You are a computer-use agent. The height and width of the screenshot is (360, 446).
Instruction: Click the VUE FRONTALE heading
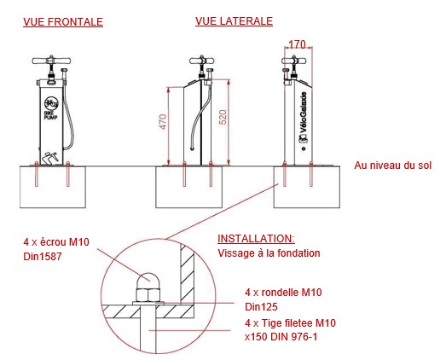tap(63, 22)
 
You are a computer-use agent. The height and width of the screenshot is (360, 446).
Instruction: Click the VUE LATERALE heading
tap(234, 21)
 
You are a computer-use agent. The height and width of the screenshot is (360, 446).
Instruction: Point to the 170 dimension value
tap(297, 44)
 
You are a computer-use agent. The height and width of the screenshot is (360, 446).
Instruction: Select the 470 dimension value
tap(163, 121)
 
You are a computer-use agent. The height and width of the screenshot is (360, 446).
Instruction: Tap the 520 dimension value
tap(223, 117)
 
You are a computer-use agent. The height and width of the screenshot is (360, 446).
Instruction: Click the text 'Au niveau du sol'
tap(393, 165)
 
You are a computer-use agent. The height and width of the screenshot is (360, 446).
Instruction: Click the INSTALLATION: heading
tap(256, 239)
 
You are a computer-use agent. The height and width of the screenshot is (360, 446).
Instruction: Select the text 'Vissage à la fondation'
tap(269, 253)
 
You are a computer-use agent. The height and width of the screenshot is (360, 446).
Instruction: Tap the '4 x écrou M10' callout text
tap(56, 242)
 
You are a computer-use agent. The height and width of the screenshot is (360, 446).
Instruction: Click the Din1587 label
tap(43, 257)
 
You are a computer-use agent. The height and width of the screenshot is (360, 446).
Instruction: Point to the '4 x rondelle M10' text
tap(283, 293)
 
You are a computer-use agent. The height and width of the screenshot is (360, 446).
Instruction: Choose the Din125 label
tap(261, 307)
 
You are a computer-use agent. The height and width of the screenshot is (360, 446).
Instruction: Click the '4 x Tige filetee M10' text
tap(290, 323)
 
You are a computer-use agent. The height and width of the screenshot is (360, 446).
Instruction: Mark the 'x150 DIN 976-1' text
tap(281, 337)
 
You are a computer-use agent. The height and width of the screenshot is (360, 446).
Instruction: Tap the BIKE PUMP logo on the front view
tap(51, 107)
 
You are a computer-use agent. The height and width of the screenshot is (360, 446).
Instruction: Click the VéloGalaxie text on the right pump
tap(304, 112)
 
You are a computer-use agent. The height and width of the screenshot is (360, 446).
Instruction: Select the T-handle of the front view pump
tap(51, 61)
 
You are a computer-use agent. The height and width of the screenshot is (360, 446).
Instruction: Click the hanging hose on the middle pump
tap(201, 117)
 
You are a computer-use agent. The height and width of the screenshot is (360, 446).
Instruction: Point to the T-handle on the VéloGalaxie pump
tap(294, 61)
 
